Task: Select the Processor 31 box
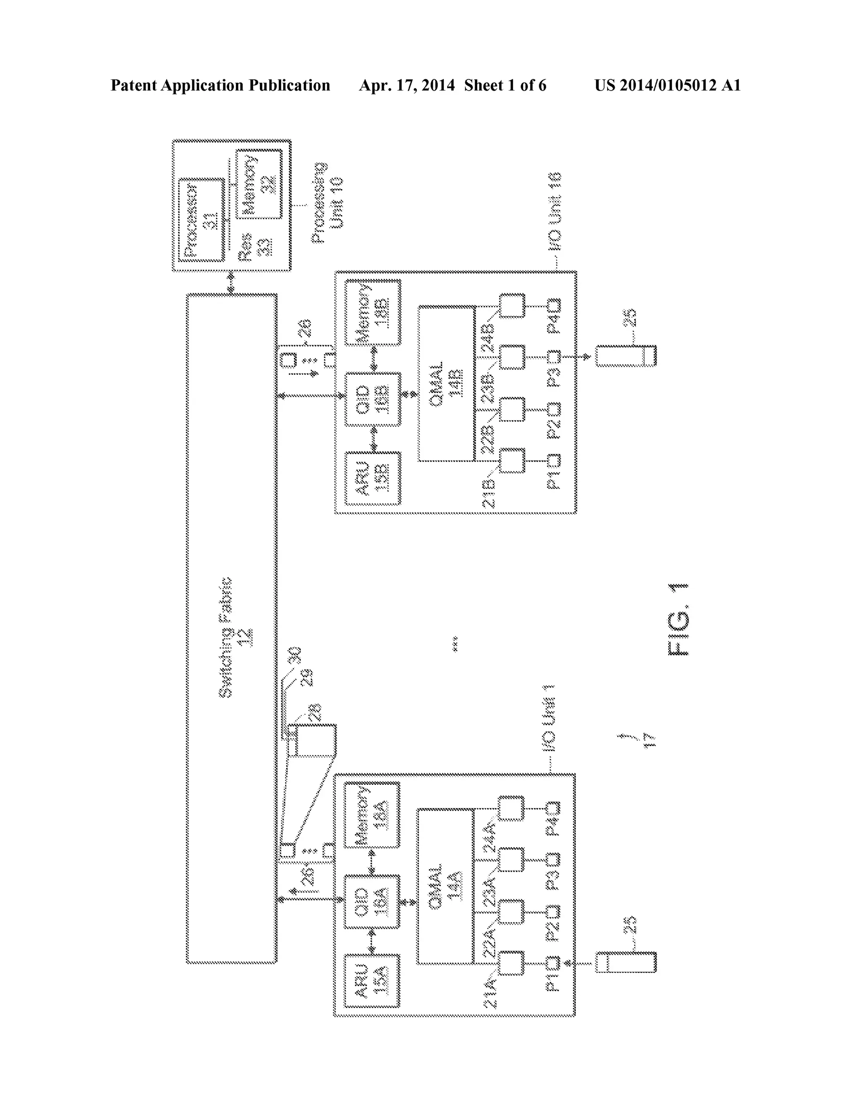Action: pyautogui.click(x=202, y=220)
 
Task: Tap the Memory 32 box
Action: pyautogui.click(x=259, y=184)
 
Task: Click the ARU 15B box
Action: pyautogui.click(x=373, y=479)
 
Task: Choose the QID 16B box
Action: pyautogui.click(x=373, y=399)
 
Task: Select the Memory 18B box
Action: pyautogui.click(x=373, y=312)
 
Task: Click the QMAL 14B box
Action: pyautogui.click(x=446, y=384)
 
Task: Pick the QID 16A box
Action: pyautogui.click(x=372, y=902)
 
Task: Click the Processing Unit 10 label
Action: pyautogui.click(x=327, y=203)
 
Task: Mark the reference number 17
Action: pyautogui.click(x=649, y=740)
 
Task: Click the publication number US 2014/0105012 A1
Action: pyautogui.click(x=667, y=86)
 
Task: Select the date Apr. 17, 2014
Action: pyautogui.click(x=407, y=86)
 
